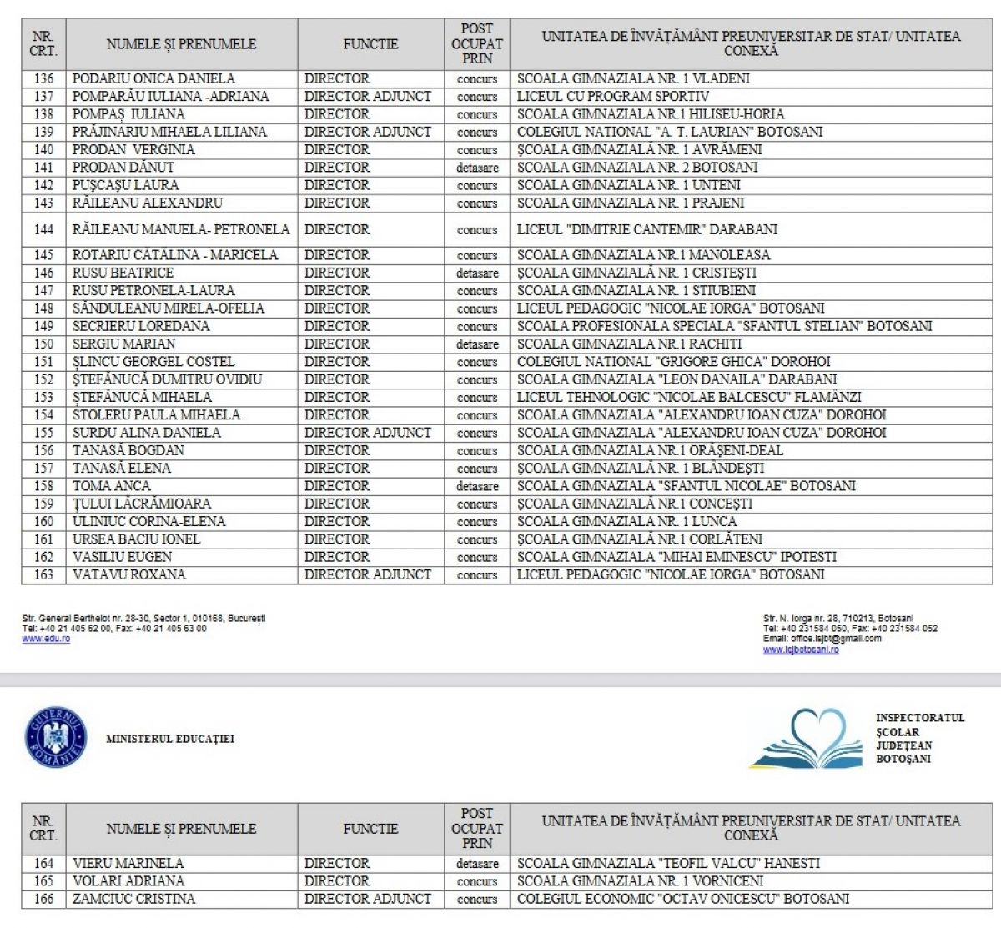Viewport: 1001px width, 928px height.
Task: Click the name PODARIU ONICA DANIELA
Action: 153,78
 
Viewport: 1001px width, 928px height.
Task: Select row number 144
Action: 43,229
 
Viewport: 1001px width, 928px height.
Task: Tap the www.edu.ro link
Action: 46,639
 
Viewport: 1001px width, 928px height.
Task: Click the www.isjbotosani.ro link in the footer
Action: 801,650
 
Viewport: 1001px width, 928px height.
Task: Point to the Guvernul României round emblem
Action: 57,737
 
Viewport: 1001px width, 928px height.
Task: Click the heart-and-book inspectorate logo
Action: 806,739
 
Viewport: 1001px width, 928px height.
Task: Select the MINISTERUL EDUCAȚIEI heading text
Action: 170,739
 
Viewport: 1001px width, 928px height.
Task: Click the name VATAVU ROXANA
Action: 129,574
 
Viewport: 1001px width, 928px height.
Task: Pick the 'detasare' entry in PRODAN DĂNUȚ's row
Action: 477,168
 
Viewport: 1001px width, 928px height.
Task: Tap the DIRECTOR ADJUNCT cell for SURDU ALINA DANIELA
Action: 368,433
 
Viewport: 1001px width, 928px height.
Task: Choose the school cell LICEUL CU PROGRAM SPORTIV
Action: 613,96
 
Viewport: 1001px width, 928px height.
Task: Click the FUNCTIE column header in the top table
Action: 370,44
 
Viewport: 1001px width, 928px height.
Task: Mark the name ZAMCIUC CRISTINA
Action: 133,899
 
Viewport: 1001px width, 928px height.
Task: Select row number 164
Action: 43,864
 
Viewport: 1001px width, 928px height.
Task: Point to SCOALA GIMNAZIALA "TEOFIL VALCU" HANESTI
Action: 668,864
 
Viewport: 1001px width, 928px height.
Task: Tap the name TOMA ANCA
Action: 112,486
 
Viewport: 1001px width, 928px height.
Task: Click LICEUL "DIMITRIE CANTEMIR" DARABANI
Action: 647,229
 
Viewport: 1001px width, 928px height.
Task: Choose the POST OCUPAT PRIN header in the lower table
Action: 477,828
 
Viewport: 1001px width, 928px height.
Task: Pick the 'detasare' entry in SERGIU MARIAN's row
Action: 477,344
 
